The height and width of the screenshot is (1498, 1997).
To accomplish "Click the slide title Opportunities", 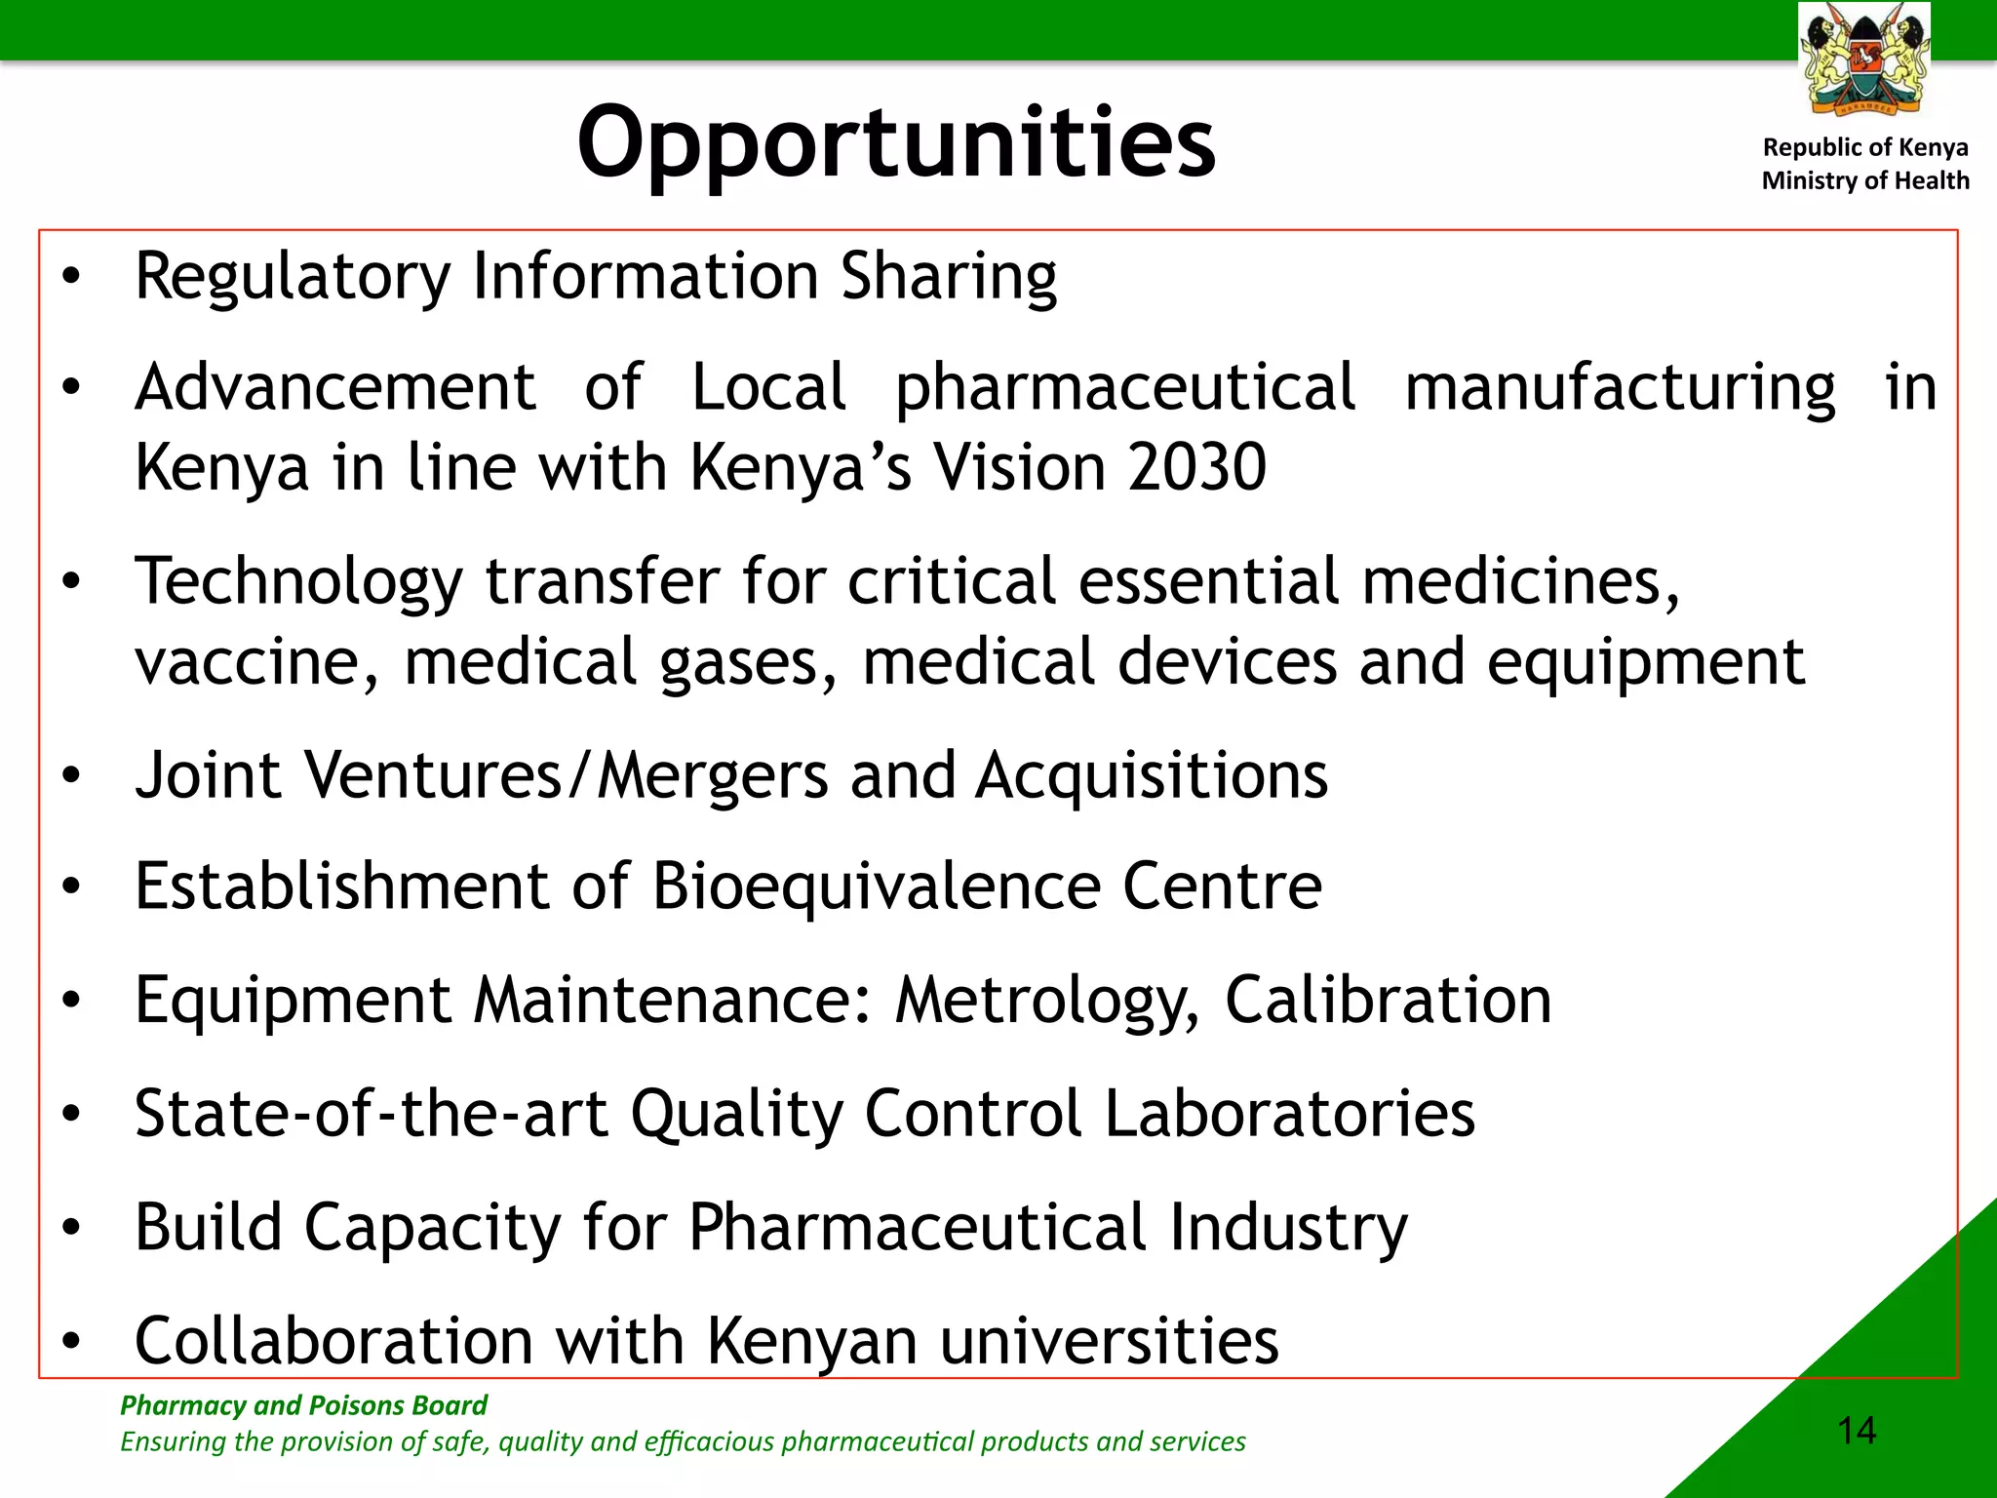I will (x=896, y=143).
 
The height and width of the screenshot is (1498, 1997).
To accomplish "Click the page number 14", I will (x=1857, y=1431).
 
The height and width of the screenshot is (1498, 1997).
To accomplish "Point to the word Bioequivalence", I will (x=876, y=887).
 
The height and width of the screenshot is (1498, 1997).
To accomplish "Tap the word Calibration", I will (x=1388, y=1001).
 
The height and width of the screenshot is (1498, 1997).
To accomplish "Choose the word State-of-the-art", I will (x=372, y=1114).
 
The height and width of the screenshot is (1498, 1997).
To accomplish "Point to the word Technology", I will (x=298, y=582).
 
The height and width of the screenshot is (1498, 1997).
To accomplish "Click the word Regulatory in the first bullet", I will (x=293, y=277).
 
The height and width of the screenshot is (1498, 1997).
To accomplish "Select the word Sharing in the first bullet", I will (x=949, y=277).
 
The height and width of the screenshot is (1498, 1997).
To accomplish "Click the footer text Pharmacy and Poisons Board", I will (x=303, y=1405).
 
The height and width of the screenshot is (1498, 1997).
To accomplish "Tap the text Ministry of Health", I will (x=1865, y=180).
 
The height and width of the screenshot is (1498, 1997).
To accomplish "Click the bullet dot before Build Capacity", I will (x=70, y=1228).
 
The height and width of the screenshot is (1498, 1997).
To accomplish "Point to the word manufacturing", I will (x=1620, y=388).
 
